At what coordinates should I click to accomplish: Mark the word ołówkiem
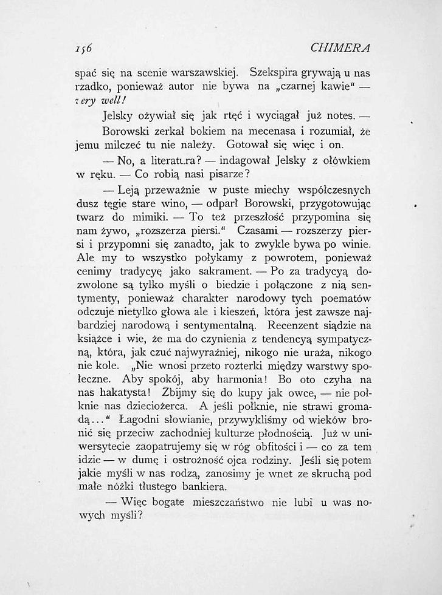pos(346,160)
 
